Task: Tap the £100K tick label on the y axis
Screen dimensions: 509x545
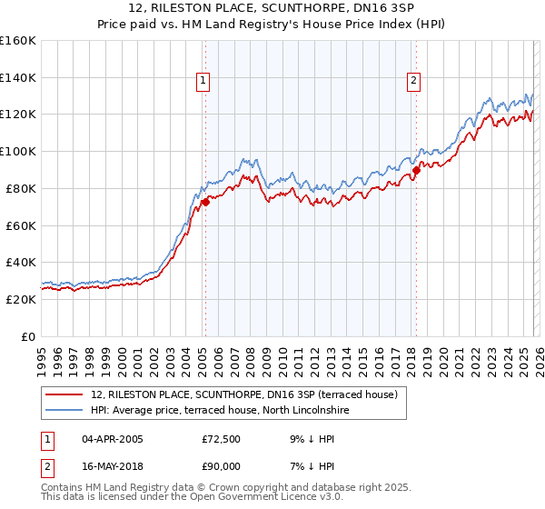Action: click(x=17, y=151)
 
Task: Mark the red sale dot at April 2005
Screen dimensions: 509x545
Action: click(x=205, y=202)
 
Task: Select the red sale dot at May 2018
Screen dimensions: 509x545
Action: click(x=416, y=169)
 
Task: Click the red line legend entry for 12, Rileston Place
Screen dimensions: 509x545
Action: click(x=245, y=394)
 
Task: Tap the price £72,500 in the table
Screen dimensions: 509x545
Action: click(x=222, y=439)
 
